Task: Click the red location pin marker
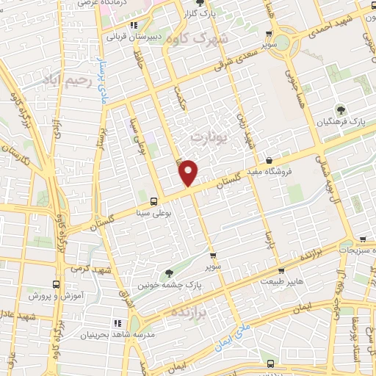click(189, 173)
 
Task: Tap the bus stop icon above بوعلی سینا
click(153, 201)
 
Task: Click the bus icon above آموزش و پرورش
click(57, 283)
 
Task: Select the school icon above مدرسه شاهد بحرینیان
click(117, 322)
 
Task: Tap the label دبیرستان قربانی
click(132, 35)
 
